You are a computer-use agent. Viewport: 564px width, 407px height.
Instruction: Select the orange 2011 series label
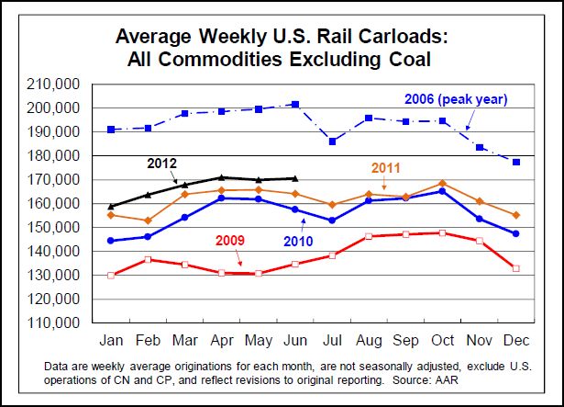coord(389,168)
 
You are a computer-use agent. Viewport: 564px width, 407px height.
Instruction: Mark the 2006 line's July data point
coord(333,141)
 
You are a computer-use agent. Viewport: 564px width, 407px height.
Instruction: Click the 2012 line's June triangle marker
coord(295,178)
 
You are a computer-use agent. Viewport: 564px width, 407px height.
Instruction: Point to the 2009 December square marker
coord(516,268)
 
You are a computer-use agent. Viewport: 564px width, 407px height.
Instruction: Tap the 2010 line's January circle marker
coord(112,241)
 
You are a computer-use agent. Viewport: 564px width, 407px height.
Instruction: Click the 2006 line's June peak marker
coord(295,105)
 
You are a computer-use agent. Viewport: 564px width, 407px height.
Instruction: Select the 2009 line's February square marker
coord(149,260)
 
